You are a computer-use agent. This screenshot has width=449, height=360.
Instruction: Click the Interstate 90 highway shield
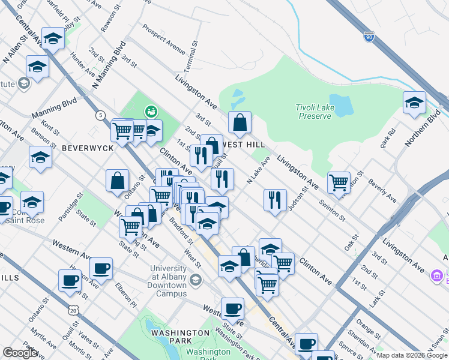click(x=369, y=37)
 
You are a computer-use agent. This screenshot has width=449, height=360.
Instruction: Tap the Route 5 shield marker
click(x=100, y=115)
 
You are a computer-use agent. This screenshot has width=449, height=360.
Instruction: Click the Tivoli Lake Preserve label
click(x=313, y=112)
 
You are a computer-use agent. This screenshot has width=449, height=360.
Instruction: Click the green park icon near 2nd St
click(x=151, y=111)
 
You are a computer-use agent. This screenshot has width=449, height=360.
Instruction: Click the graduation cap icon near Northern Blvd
click(x=414, y=103)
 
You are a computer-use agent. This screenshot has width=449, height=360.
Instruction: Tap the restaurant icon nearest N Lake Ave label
click(x=275, y=199)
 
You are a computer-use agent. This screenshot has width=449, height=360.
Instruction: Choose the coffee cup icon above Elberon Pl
click(x=101, y=268)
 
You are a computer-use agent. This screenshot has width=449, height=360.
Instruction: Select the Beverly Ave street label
click(x=382, y=190)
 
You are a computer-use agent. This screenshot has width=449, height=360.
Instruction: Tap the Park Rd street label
click(x=391, y=140)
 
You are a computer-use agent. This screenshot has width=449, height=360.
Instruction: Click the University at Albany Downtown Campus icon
click(x=195, y=280)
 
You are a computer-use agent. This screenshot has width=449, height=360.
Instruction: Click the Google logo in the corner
click(x=20, y=353)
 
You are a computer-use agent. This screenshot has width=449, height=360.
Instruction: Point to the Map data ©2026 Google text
click(x=412, y=355)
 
